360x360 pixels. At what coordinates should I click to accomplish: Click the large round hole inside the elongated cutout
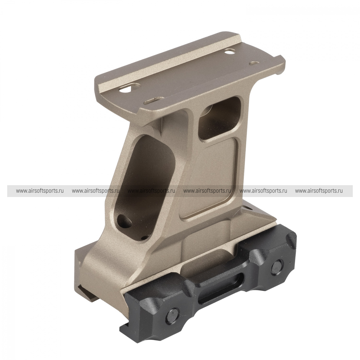(x=124, y=219)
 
